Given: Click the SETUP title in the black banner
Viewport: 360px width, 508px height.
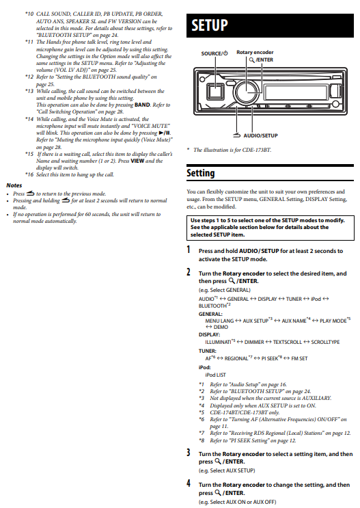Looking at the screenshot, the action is click(210, 25).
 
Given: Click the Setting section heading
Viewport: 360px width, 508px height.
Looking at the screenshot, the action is click(200, 173).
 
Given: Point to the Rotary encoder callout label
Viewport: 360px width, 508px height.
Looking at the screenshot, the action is click(255, 52).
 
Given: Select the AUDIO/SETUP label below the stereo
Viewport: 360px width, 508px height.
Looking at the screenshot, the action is click(260, 135).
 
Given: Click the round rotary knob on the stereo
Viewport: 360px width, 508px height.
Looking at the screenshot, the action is click(247, 92).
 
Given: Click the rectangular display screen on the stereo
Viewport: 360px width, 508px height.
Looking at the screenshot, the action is click(295, 92).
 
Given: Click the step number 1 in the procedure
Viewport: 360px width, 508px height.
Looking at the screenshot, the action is click(188, 250).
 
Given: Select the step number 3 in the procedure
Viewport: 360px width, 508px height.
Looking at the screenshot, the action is click(188, 453).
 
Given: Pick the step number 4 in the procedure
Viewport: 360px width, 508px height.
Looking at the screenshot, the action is click(188, 483).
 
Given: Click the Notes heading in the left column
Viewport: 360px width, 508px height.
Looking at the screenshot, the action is click(14, 185).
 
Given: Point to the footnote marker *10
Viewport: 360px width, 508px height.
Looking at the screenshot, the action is click(29, 14).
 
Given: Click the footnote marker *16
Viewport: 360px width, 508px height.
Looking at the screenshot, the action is click(29, 174).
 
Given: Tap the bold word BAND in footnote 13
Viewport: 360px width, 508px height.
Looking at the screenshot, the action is click(142, 105).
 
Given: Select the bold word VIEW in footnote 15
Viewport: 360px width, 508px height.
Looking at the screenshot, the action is click(137, 161).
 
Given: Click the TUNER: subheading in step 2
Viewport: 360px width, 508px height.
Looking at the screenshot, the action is click(207, 351).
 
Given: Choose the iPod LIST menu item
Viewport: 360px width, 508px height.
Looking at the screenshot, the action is click(215, 375).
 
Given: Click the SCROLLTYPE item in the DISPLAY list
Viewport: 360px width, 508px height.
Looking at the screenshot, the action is click(325, 342).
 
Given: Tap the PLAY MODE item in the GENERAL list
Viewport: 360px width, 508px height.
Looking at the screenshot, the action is click(333, 321).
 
